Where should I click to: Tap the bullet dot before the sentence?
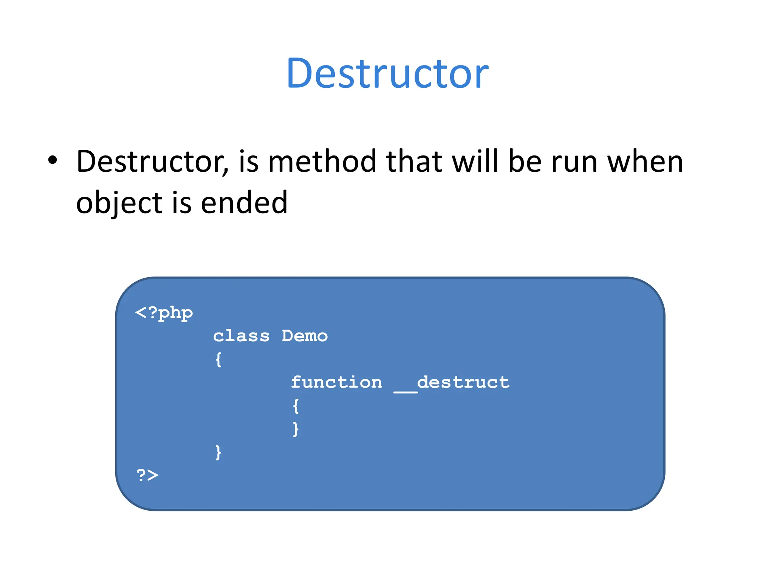point(53,160)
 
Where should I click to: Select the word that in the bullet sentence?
point(414,162)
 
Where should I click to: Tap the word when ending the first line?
point(645,162)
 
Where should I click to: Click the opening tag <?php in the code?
point(164,313)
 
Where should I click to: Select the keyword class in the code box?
point(241,336)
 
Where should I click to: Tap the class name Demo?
point(305,336)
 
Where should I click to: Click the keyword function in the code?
point(336,382)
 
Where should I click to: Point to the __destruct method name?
point(452,383)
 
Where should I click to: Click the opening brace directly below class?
point(218,359)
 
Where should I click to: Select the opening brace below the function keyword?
point(296,406)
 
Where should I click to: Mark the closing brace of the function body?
point(296,429)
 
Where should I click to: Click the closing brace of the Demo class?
point(218,452)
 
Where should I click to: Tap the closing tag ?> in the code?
point(147,475)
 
